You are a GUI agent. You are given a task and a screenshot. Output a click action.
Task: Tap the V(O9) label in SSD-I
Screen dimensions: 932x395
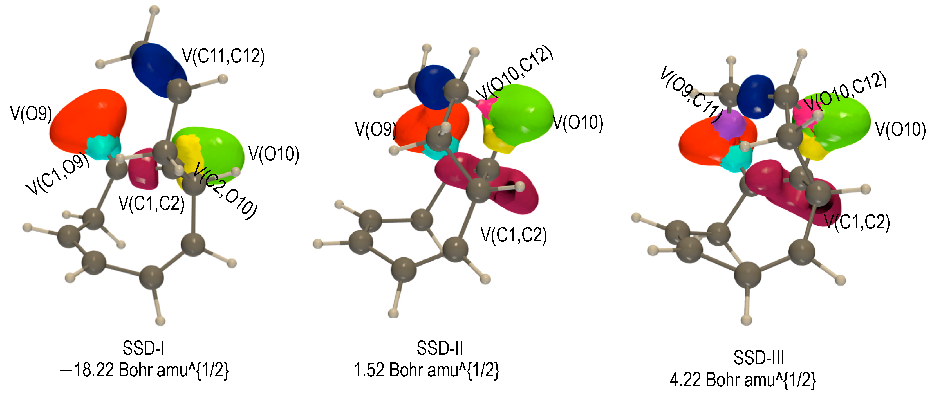click(31, 114)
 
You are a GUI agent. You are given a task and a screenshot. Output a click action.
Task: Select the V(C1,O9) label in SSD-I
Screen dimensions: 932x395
click(58, 173)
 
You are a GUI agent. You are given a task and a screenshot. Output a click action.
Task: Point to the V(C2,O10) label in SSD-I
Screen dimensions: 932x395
click(225, 191)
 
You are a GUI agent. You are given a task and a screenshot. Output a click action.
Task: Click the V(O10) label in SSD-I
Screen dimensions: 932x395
click(274, 154)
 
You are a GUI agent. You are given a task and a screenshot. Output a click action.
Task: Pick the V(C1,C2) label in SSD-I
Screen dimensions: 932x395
click(152, 203)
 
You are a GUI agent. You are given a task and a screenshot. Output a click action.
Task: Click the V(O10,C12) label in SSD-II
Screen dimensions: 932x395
click(514, 73)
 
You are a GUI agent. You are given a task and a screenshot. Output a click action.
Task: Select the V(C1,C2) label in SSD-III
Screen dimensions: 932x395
click(857, 222)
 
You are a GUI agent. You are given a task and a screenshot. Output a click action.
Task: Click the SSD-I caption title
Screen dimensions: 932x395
click(144, 348)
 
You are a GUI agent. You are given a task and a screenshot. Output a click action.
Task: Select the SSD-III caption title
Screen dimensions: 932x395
click(759, 358)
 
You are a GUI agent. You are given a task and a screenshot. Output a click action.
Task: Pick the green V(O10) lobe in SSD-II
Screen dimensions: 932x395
click(521, 110)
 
